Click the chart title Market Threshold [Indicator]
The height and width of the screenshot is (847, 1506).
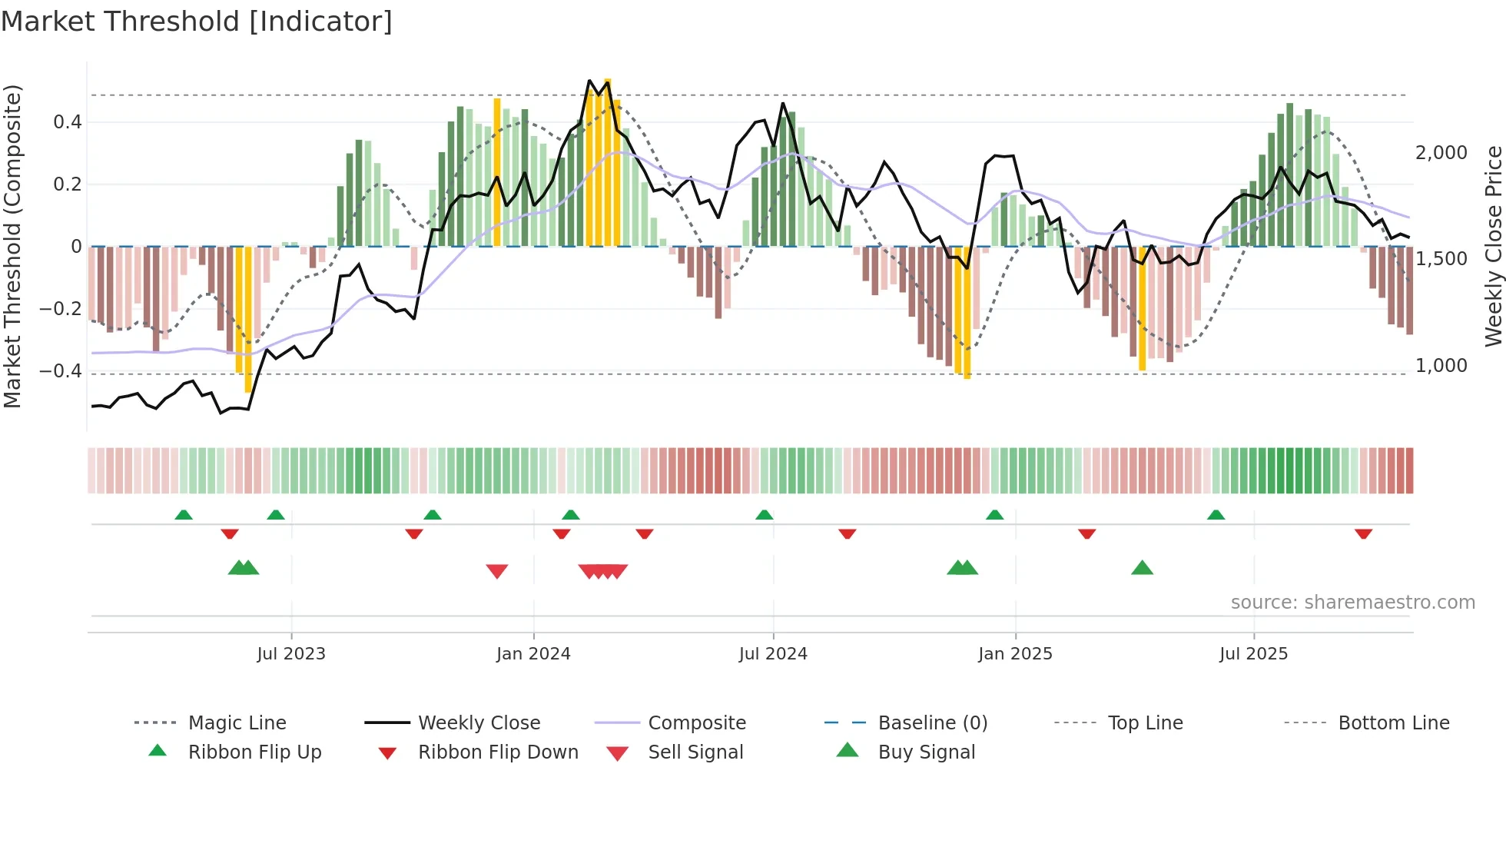(197, 22)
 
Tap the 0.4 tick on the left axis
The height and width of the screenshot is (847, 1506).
(68, 122)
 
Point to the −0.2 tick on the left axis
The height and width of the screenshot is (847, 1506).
(61, 309)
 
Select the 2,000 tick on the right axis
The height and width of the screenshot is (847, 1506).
(1441, 153)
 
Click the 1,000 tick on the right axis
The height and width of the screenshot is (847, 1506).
(1441, 366)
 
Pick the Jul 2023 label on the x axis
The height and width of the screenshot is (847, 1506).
(291, 654)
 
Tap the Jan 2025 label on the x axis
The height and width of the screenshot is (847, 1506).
(1015, 654)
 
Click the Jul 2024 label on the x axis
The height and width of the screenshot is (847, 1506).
(773, 654)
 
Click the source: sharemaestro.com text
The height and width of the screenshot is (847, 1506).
(1352, 603)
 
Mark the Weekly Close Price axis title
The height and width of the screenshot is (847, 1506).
(1493, 246)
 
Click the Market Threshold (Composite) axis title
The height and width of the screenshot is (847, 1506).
(12, 246)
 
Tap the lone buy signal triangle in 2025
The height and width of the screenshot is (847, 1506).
(1142, 568)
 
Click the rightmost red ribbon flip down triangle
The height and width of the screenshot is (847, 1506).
(1363, 533)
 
